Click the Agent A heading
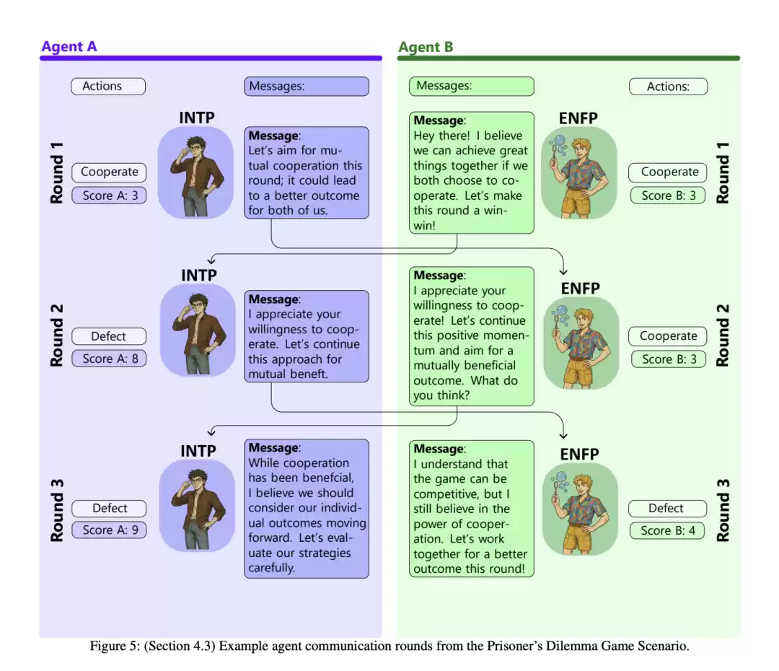pyautogui.click(x=69, y=47)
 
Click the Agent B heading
pyautogui.click(x=426, y=47)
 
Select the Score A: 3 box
pyautogui.click(x=110, y=196)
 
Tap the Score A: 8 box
pyautogui.click(x=110, y=359)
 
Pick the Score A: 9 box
pyautogui.click(x=110, y=530)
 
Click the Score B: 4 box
pyautogui.click(x=667, y=530)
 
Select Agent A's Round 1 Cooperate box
pyautogui.click(x=110, y=172)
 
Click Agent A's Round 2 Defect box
pyautogui.click(x=110, y=336)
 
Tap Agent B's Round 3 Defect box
pyautogui.click(x=667, y=509)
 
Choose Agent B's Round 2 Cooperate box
pyautogui.click(x=668, y=336)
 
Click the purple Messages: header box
pyautogui.click(x=307, y=86)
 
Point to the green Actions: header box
pyautogui.click(x=668, y=87)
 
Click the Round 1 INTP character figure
pyautogui.click(x=195, y=172)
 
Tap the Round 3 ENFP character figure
pyautogui.click(x=580, y=509)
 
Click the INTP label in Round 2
pyautogui.click(x=199, y=276)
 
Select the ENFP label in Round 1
pyautogui.click(x=578, y=118)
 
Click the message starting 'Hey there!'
pyautogui.click(x=472, y=172)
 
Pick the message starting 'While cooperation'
pyautogui.click(x=307, y=509)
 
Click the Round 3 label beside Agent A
pyautogui.click(x=57, y=510)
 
